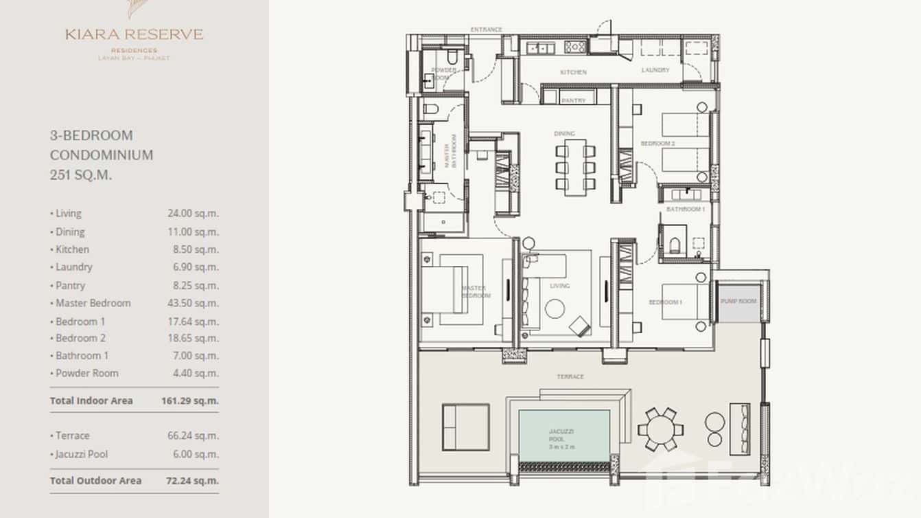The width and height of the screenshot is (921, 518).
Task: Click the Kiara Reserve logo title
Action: point(135,34)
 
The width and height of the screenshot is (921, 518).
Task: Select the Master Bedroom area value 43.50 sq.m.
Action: point(193,303)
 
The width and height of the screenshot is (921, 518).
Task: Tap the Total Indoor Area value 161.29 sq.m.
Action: point(193,401)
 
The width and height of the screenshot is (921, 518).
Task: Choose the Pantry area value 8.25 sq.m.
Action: point(193,285)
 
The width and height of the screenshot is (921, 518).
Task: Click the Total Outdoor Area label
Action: point(95,480)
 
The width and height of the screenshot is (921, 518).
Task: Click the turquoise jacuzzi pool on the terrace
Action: point(564,436)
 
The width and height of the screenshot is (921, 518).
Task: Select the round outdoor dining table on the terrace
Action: point(660,430)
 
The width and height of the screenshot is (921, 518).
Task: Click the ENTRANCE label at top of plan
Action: point(486,30)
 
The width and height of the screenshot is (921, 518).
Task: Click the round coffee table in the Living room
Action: point(555,309)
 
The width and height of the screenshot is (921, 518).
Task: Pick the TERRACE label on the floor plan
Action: point(570,376)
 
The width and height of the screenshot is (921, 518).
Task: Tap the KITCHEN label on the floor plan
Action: point(573,72)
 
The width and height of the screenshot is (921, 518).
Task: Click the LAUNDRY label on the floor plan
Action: point(655,70)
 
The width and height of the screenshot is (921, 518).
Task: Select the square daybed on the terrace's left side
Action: point(465,427)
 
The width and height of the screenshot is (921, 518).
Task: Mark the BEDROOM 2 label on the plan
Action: point(657,144)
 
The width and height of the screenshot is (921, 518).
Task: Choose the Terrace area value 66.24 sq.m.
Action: point(193,436)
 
